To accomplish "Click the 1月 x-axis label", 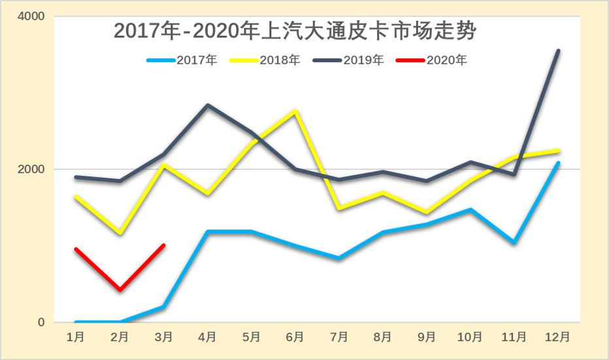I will point(76,337).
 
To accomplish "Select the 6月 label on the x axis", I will point(295,337).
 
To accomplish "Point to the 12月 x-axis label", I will point(557,337).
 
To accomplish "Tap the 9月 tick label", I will point(426,337).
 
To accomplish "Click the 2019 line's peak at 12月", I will point(557,50).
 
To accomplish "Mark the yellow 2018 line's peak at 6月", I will point(295,112).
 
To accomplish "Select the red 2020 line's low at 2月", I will point(120,290).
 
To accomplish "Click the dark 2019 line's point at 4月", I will point(208,105).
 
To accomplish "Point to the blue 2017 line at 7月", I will point(338,258).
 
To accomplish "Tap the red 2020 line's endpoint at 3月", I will point(163,245).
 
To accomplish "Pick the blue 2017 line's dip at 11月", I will point(514,242).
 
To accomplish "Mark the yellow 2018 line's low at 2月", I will point(120,233).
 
